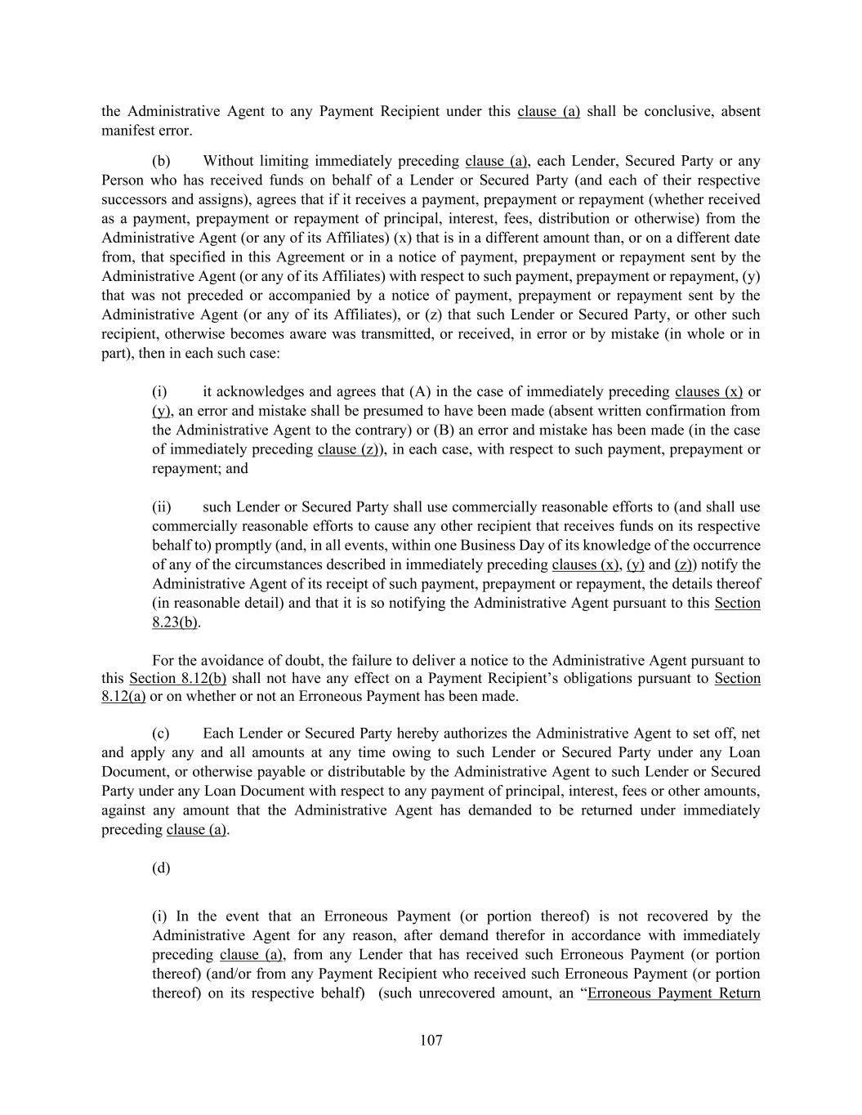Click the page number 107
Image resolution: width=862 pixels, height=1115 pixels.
point(431,1040)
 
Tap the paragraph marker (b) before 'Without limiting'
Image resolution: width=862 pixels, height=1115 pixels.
point(161,161)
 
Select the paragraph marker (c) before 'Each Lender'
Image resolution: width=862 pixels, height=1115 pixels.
point(161,734)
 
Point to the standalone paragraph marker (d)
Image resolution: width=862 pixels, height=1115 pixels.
point(161,867)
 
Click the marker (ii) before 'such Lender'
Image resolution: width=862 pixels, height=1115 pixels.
point(162,507)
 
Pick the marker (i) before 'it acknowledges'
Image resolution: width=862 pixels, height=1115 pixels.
point(159,391)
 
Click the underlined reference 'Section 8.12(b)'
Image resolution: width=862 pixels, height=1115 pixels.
point(177,678)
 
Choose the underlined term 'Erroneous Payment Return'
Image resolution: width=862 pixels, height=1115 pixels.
point(674,993)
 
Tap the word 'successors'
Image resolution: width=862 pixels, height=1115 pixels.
point(134,199)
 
